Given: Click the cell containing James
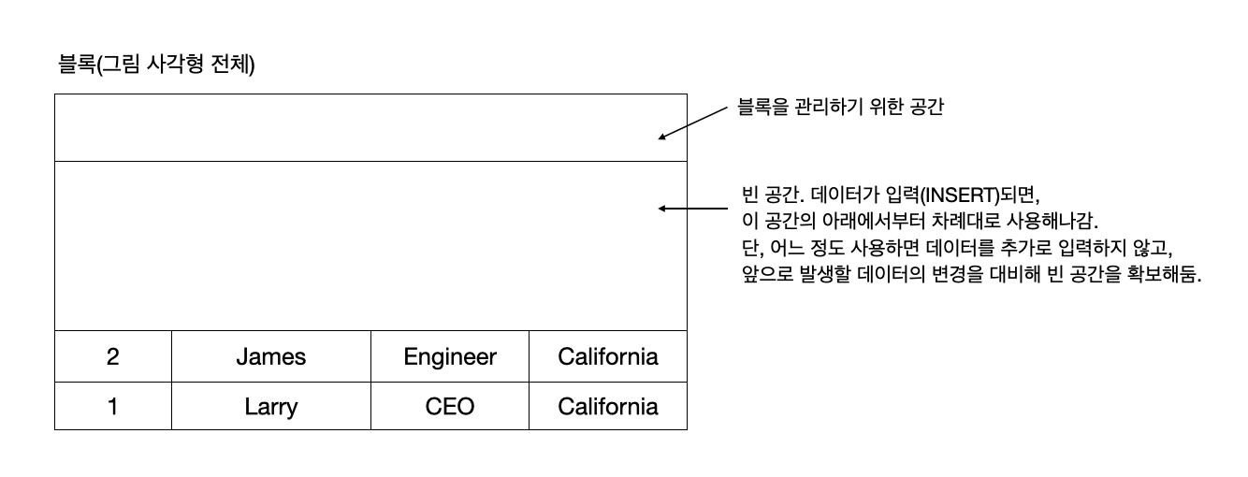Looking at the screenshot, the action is [x=270, y=356].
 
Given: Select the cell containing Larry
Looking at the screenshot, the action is [x=270, y=407].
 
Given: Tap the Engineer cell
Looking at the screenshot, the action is [x=450, y=356].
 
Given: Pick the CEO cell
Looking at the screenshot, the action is [x=450, y=407].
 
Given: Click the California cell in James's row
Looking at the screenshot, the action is [x=608, y=356].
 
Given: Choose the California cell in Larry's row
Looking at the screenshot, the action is [x=608, y=407].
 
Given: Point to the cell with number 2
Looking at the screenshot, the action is [x=113, y=356].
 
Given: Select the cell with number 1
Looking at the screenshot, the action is [x=113, y=407].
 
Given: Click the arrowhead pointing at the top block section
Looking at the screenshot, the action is [x=662, y=137].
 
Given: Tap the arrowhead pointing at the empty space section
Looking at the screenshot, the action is [x=662, y=209].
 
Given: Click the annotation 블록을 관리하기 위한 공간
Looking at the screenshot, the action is [x=840, y=108].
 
